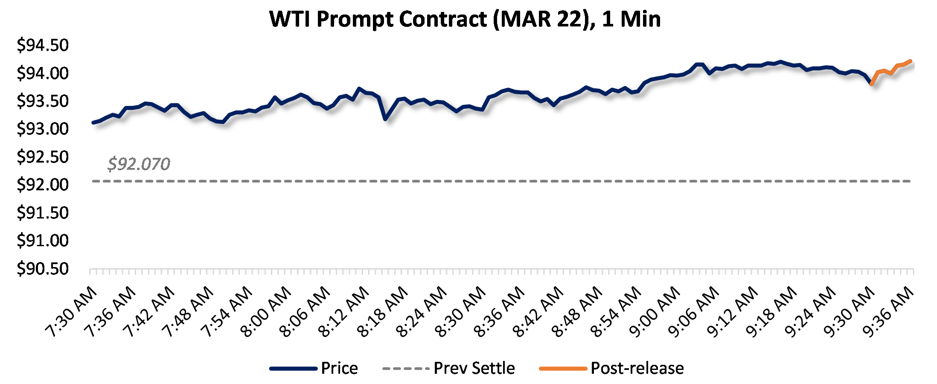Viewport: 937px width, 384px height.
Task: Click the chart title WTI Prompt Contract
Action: coord(465,19)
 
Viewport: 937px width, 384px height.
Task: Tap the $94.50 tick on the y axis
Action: coord(43,45)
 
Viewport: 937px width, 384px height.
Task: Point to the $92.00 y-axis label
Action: coord(43,185)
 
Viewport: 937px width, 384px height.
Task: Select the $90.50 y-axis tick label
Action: coord(43,269)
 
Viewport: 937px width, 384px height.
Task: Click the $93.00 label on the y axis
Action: coord(43,129)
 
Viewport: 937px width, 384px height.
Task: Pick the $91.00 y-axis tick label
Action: coord(43,241)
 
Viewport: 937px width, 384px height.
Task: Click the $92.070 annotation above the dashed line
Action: coord(139,164)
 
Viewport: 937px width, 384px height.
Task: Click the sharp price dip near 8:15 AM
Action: coord(385,119)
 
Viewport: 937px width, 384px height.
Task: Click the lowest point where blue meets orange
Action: coord(871,84)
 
